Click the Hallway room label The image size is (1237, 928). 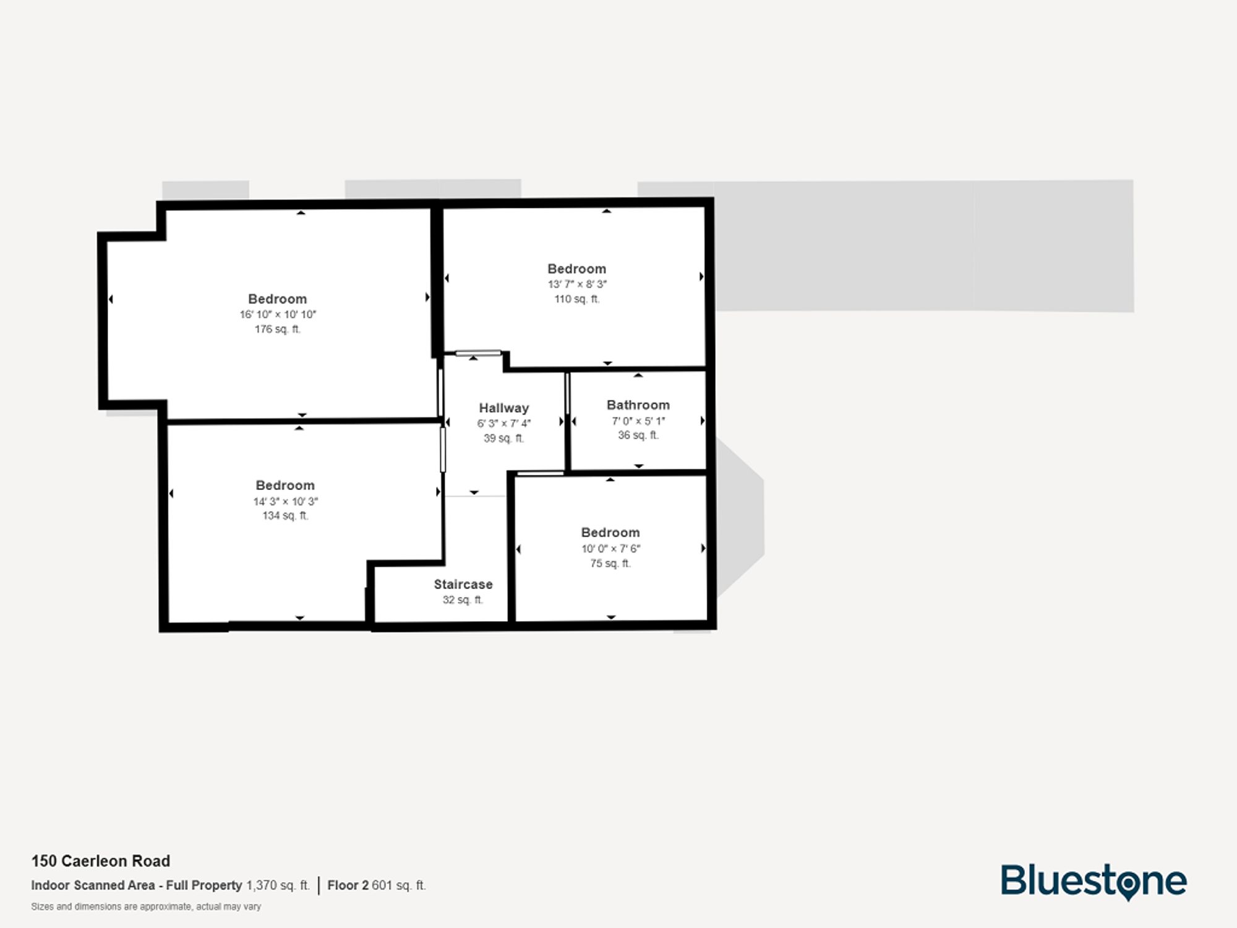[503, 408]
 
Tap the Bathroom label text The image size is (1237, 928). [638, 405]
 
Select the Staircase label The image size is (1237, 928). [463, 585]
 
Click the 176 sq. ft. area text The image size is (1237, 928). [277, 329]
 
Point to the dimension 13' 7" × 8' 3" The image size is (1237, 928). [577, 285]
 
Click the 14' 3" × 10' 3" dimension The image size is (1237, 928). [285, 501]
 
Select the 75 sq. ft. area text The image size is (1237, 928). [610, 563]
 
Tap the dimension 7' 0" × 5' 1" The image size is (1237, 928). [638, 421]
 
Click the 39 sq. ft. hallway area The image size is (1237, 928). [503, 438]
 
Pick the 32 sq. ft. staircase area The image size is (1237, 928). [463, 599]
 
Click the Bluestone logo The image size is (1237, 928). [1093, 882]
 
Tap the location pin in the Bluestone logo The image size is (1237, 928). [1129, 885]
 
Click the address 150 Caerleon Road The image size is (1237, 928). [101, 861]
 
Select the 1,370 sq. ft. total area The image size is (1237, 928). [278, 885]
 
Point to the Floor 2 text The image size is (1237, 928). [348, 885]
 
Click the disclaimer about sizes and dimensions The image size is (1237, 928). [146, 906]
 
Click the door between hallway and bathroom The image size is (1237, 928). [567, 393]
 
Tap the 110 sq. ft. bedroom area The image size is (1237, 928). [577, 299]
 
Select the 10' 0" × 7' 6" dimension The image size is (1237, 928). [610, 548]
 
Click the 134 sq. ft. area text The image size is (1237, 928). [285, 515]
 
